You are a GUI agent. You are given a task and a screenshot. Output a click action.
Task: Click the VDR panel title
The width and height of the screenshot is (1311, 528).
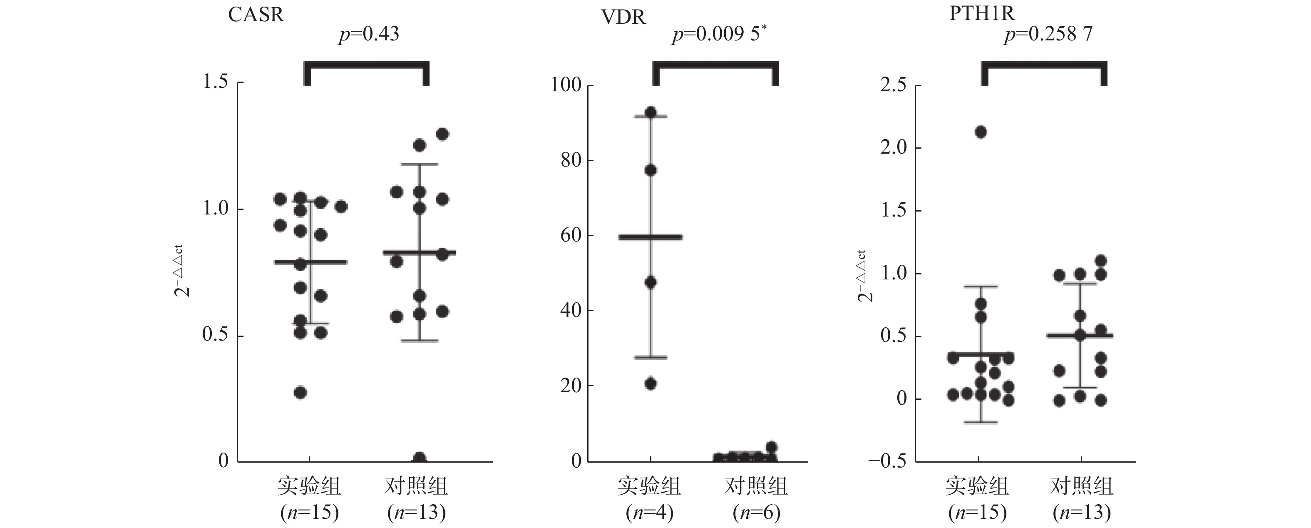coord(623,17)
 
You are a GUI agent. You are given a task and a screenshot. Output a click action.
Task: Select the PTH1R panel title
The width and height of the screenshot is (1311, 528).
coord(982,13)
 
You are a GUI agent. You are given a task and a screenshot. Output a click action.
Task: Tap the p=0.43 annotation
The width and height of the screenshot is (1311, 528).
coord(369,34)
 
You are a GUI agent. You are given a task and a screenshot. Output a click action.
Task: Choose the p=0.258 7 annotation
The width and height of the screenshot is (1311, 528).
coord(1048,34)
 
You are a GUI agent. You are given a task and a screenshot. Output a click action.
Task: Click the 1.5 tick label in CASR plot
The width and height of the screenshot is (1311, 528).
coord(215,82)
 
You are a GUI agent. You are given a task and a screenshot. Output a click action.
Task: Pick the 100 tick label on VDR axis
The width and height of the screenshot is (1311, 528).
coord(566,85)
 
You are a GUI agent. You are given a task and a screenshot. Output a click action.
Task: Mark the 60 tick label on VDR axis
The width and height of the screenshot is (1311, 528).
coord(571,235)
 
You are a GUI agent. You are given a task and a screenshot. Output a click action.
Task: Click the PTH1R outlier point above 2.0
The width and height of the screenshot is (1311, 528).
coord(981,132)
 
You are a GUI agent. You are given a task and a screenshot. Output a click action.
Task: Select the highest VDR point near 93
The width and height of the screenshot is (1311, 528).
coord(651,112)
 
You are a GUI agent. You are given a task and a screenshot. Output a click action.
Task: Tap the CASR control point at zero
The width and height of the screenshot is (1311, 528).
coord(420,458)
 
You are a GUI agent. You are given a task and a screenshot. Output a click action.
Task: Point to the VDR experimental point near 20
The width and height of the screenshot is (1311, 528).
coord(651,384)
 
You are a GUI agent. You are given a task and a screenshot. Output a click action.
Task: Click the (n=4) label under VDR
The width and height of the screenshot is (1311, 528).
coord(649,512)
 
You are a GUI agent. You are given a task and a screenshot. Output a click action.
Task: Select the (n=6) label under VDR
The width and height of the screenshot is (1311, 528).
coord(756,512)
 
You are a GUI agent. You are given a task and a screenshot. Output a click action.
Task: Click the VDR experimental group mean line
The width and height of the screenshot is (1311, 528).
coord(651,237)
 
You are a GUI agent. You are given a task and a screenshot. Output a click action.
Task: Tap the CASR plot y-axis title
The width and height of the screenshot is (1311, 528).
coord(183,271)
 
